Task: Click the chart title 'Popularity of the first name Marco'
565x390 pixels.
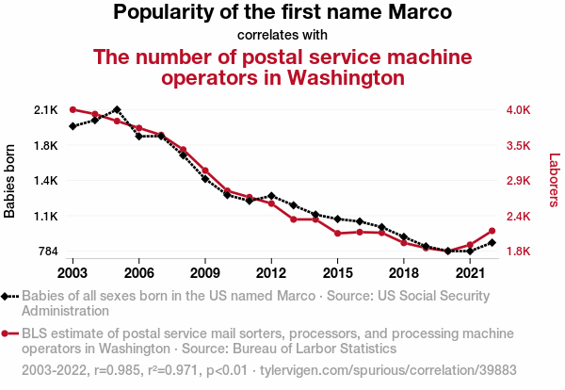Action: point(282,13)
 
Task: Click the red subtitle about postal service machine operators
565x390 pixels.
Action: point(282,67)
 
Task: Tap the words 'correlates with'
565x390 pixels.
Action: point(282,36)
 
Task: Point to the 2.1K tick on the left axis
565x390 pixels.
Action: point(46,110)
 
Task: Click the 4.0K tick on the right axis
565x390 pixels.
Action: point(519,110)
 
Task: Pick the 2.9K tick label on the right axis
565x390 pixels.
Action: point(519,181)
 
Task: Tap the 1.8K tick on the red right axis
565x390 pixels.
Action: point(519,252)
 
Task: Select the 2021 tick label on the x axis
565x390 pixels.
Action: point(469,273)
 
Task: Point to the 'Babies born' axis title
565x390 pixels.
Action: point(10,181)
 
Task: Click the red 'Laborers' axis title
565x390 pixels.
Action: point(555,181)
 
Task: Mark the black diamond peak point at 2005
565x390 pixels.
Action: point(117,110)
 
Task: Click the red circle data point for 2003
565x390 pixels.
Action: point(73,110)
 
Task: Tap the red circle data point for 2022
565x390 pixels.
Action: point(492,231)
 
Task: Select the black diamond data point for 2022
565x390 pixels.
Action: point(492,243)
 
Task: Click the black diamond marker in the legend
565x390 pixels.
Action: point(9,296)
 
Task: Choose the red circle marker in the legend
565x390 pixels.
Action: point(9,333)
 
